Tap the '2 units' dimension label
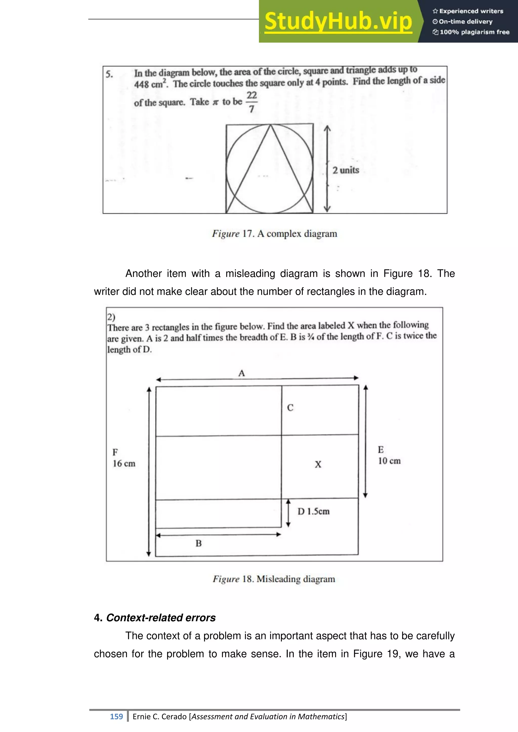[346, 170]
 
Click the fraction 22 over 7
[252, 102]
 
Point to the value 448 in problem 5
[141, 84]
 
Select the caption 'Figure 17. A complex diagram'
[274, 234]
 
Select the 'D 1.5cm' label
[313, 511]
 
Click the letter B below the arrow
[198, 543]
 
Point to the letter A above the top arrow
[242, 373]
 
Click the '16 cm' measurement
[124, 464]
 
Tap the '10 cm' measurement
[389, 461]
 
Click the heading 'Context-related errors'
[161, 617]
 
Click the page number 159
[116, 716]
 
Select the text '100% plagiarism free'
[474, 32]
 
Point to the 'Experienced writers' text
[471, 11]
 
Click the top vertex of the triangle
[270, 125]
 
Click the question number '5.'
[109, 74]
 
